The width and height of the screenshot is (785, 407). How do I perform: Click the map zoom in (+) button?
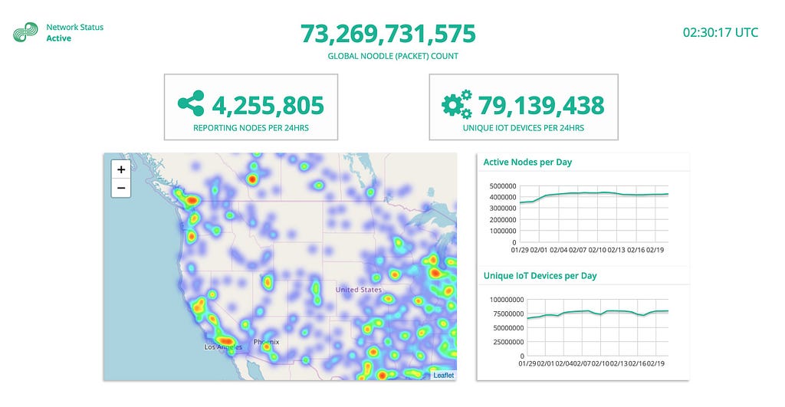[121, 170]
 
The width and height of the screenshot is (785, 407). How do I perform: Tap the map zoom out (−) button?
[121, 188]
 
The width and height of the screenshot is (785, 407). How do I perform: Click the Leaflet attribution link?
[443, 375]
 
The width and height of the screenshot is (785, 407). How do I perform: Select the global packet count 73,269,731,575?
[388, 34]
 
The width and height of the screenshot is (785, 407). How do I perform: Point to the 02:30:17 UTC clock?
[721, 32]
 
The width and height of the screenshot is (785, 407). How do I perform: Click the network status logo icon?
[25, 33]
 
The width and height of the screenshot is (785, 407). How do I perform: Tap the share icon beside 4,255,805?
[191, 103]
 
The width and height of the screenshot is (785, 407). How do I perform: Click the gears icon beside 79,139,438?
[457, 104]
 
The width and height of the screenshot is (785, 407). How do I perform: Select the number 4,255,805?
[268, 105]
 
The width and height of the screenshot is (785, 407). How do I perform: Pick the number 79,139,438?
[541, 105]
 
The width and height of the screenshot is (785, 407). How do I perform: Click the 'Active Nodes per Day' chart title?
[527, 162]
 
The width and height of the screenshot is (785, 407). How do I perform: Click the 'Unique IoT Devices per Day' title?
[540, 276]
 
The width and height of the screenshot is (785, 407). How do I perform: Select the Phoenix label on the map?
[266, 342]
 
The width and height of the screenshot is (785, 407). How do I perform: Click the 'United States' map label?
[358, 290]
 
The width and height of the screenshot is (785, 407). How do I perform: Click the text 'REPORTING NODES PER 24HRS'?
[250, 128]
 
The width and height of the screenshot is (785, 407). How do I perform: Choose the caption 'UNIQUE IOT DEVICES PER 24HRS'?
[524, 128]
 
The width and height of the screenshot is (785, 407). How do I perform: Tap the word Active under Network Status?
[58, 38]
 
